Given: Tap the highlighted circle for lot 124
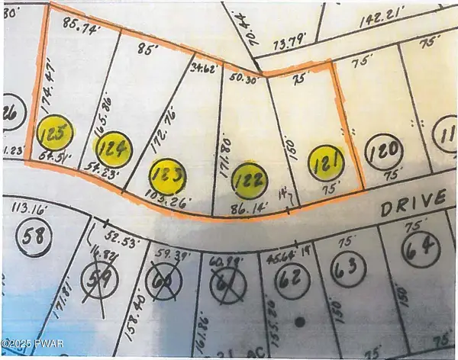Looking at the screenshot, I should click(112, 148).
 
